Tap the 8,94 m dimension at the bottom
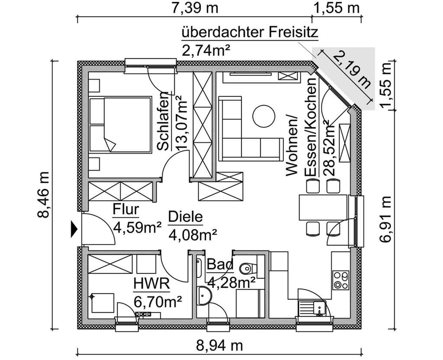(x=220, y=347)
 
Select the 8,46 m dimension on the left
(x=45, y=196)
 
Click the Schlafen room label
(x=163, y=122)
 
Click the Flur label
(x=125, y=209)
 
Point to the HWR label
(x=151, y=284)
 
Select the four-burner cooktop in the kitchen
(x=340, y=280)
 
